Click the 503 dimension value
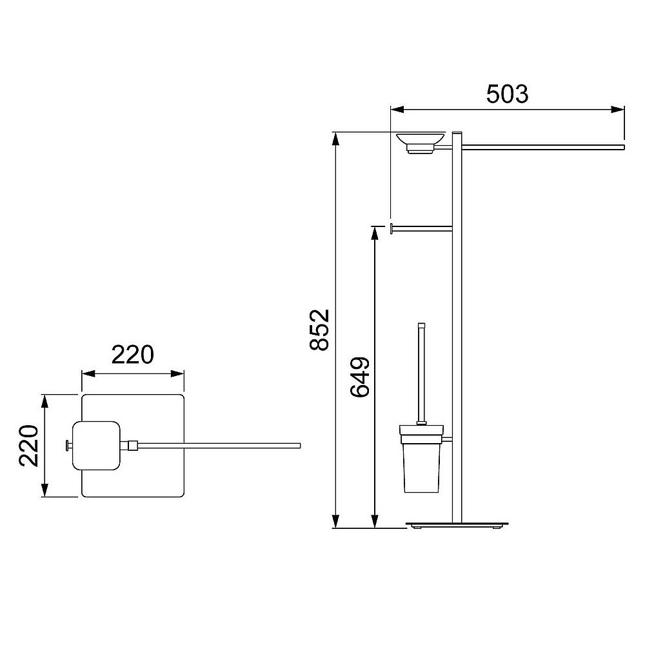(x=507, y=94)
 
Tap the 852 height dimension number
(x=320, y=330)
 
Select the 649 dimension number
(x=360, y=377)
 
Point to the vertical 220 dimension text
(x=29, y=446)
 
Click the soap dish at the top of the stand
(x=421, y=142)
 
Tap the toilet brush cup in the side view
(x=422, y=459)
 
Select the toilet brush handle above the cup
(x=421, y=373)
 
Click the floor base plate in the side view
(x=457, y=524)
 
